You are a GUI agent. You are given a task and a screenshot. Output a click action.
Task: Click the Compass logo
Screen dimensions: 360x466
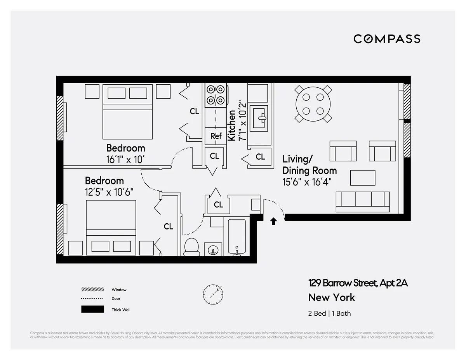387,39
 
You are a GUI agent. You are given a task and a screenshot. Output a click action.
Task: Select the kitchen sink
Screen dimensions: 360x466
259,116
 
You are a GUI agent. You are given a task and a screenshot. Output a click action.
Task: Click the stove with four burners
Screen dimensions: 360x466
216,95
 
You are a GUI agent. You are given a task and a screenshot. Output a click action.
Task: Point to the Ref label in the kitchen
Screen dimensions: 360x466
216,136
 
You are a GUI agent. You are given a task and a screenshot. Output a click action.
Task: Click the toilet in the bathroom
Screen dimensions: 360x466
191,247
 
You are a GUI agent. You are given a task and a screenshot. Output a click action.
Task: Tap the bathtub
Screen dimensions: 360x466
236,237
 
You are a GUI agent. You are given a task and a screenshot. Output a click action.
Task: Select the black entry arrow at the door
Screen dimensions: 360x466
273,221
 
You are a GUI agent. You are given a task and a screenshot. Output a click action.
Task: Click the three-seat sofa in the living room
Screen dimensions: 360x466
362,201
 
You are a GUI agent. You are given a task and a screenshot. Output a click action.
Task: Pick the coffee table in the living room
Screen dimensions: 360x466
363,178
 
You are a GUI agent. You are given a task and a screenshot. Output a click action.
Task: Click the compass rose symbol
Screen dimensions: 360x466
213,294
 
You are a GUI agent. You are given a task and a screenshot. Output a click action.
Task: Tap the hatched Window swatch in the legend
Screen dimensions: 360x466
92,289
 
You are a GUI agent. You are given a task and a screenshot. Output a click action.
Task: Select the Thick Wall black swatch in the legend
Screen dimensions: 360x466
92,310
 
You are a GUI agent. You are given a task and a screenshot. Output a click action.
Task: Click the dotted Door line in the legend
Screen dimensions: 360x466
92,299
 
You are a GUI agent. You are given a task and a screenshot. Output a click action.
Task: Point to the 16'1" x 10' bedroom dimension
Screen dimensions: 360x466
126,159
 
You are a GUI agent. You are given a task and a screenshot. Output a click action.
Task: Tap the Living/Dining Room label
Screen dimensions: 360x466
309,165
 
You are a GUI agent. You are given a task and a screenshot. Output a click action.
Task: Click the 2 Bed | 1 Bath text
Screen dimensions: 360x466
329,313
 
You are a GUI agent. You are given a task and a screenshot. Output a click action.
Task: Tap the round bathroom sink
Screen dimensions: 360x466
213,250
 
